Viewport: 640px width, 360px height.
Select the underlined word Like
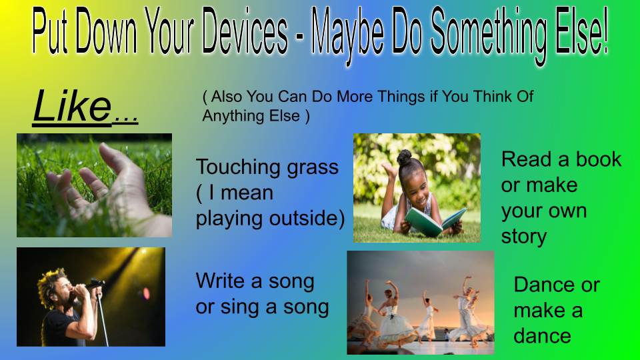(72, 106)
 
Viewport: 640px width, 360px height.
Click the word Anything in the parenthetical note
(231, 116)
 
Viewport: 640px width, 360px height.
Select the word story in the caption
(524, 237)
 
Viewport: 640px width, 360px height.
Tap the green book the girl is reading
(435, 221)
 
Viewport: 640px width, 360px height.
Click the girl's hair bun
(404, 157)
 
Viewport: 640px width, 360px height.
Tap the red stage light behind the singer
(145, 293)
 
